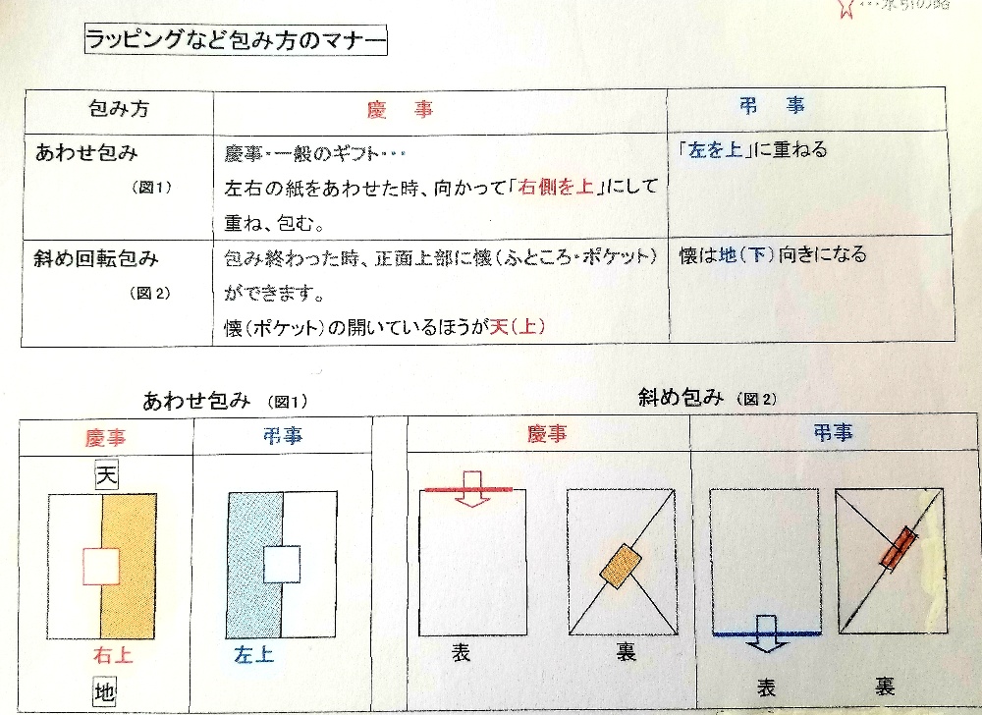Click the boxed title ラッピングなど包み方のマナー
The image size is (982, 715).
(x=235, y=42)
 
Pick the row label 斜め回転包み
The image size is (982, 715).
(x=96, y=259)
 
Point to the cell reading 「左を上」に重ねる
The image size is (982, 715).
(x=753, y=150)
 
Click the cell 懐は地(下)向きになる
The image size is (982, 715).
(x=773, y=255)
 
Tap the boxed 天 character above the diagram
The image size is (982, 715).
(x=103, y=476)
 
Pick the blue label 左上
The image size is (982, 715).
(x=254, y=654)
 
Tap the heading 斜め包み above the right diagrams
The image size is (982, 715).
(x=682, y=398)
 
